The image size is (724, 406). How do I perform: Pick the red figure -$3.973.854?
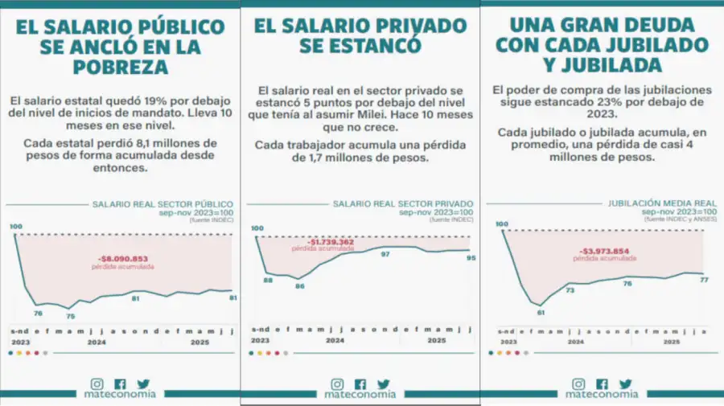pyautogui.click(x=606, y=251)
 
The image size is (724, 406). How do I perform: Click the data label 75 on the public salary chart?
pyautogui.click(x=70, y=316)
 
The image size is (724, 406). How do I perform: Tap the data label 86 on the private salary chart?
pyautogui.click(x=299, y=285)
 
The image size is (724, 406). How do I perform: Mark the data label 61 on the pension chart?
pyautogui.click(x=541, y=312)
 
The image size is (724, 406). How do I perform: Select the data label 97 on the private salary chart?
pyautogui.click(x=385, y=254)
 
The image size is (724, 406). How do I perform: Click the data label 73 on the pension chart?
pyautogui.click(x=570, y=290)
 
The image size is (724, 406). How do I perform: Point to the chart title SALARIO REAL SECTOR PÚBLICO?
pyautogui.click(x=163, y=204)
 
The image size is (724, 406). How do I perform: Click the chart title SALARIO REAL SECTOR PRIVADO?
pyautogui.click(x=403, y=204)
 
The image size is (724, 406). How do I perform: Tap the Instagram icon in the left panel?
pyautogui.click(x=97, y=384)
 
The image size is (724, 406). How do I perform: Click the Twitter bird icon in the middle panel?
pyautogui.click(x=384, y=384)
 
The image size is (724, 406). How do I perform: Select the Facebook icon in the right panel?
pyautogui.click(x=603, y=384)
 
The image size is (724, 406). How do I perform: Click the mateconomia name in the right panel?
pyautogui.click(x=602, y=395)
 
